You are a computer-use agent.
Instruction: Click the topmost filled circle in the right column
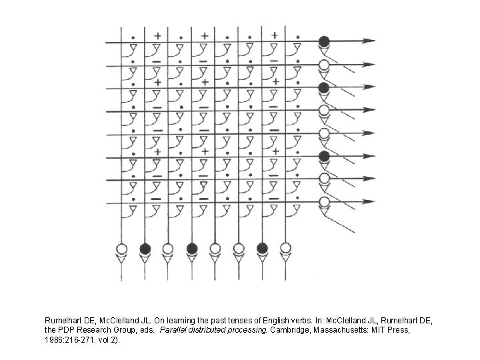pyautogui.click(x=324, y=41)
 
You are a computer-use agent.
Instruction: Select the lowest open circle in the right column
pyautogui.click(x=324, y=201)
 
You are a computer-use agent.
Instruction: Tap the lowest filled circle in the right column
pyautogui.click(x=324, y=157)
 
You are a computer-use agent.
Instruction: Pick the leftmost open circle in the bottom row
pyautogui.click(x=121, y=249)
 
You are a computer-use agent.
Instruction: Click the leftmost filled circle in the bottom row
pyautogui.click(x=145, y=249)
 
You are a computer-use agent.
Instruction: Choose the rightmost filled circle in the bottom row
pyautogui.click(x=262, y=249)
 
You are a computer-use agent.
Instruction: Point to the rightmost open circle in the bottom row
pyautogui.click(x=286, y=249)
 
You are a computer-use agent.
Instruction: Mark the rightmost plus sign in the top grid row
pyautogui.click(x=273, y=35)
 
